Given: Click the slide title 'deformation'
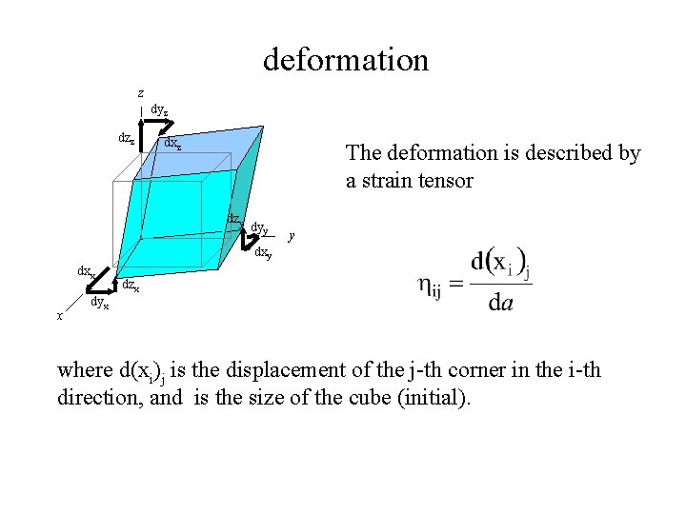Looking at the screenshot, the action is click(346, 60).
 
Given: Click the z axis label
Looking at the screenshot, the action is click(140, 93).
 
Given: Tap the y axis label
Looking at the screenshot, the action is click(291, 234).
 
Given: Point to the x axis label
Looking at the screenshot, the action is click(59, 315).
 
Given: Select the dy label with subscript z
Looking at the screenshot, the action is click(159, 111).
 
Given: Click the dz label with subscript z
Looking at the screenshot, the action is click(125, 138).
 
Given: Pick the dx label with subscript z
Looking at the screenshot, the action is click(172, 144).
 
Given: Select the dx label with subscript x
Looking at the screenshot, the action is click(86, 271).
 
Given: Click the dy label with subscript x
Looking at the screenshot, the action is click(99, 304).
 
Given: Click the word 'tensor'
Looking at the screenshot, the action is click(440, 180).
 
